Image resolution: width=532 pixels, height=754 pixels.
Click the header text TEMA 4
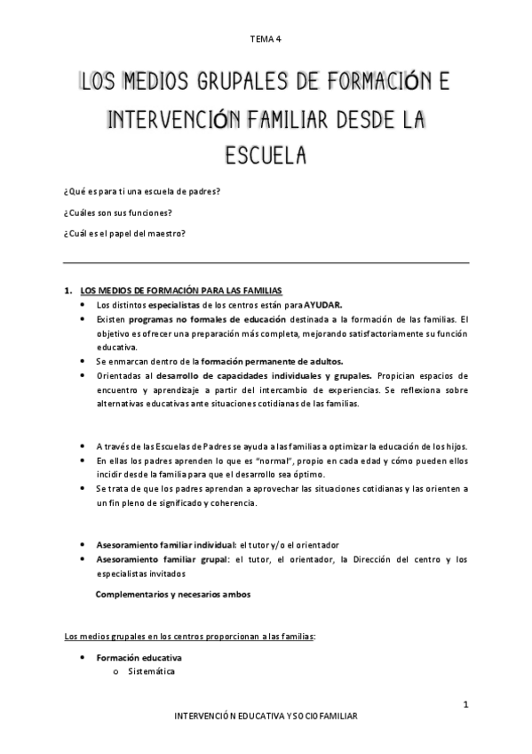click(x=266, y=38)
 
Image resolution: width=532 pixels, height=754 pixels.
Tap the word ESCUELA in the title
click(x=266, y=155)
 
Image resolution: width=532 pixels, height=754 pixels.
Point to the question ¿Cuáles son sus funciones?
click(x=117, y=213)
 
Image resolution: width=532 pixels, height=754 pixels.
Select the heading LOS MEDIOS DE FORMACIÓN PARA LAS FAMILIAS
click(x=180, y=291)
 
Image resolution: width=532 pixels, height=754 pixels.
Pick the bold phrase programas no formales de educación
click(x=207, y=317)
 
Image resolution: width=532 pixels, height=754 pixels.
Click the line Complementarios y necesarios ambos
click(x=173, y=594)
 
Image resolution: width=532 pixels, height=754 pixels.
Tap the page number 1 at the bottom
click(x=465, y=705)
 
